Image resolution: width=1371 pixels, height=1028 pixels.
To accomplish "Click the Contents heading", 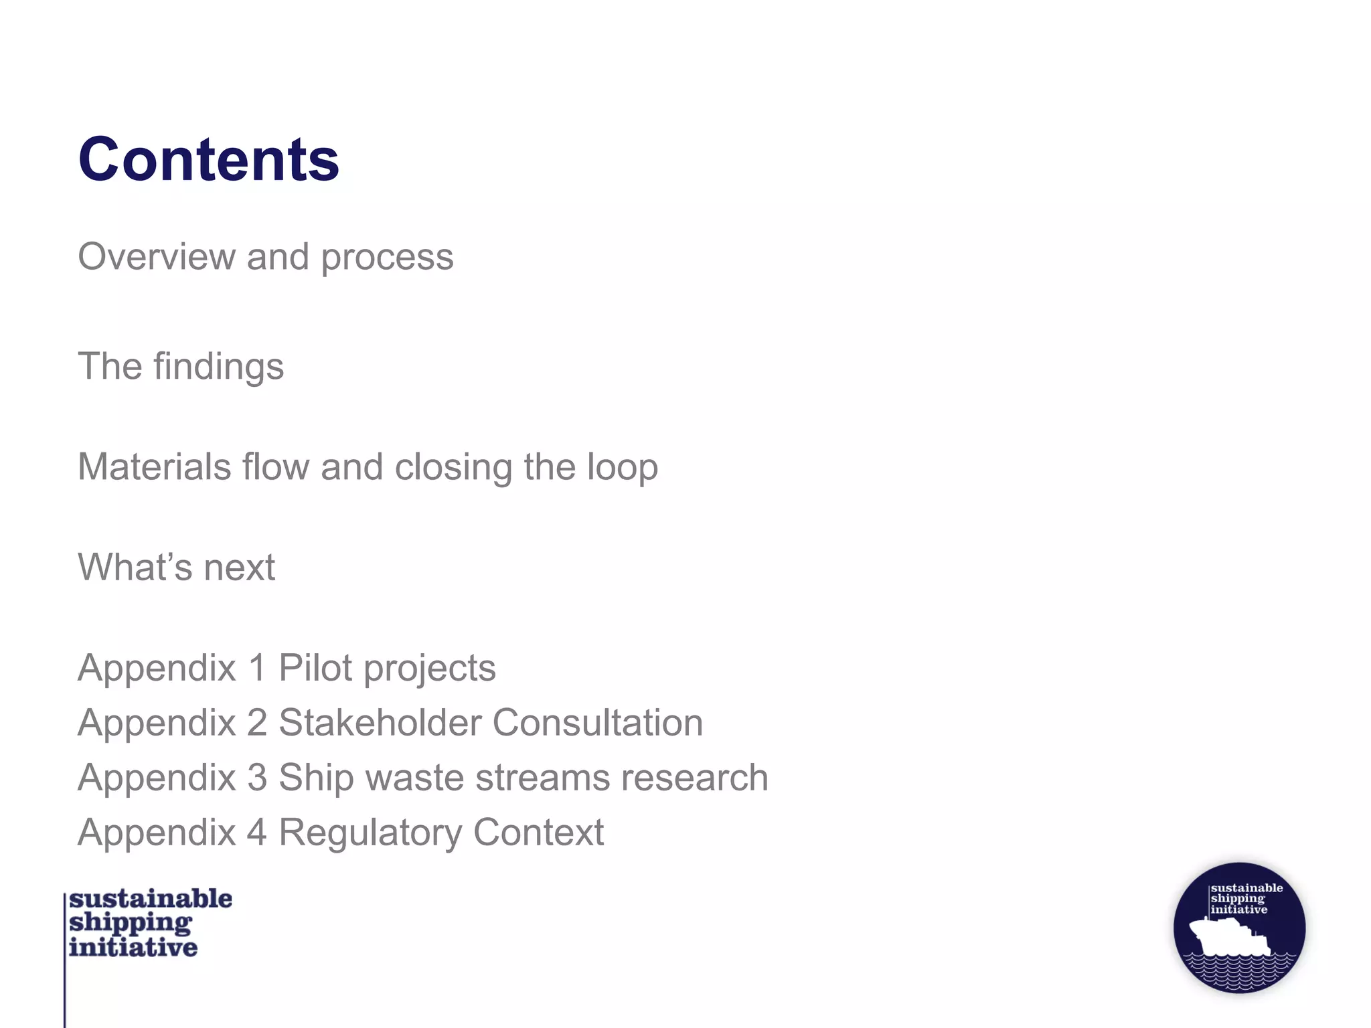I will (x=209, y=159).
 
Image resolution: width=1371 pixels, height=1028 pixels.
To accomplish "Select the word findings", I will (x=218, y=367).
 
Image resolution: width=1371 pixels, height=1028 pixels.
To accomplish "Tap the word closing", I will (x=453, y=468).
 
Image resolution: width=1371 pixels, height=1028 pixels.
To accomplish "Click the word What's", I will (x=135, y=568).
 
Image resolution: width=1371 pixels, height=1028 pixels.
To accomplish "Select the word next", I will (x=239, y=568).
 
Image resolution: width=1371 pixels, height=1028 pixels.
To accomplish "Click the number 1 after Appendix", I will (x=258, y=668).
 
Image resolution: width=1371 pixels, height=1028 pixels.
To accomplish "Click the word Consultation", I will (x=598, y=723).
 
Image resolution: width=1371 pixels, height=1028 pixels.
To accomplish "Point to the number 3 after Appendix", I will (x=258, y=778).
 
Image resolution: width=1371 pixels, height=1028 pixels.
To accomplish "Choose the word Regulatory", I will (x=370, y=833).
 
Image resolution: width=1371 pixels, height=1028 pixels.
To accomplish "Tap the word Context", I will (x=538, y=833).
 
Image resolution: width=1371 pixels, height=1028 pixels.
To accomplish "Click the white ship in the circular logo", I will (x=1229, y=936).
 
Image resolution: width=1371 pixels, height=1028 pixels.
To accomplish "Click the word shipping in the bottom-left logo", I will (x=131, y=924).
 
